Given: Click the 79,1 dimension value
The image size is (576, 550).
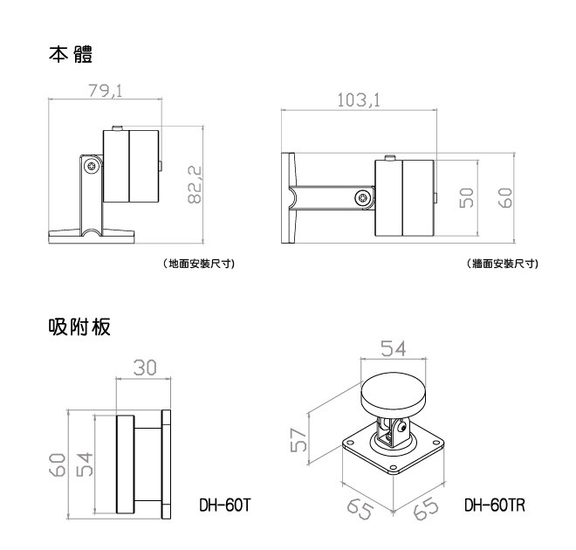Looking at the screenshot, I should [103, 90].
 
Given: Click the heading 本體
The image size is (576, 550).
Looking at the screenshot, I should [72, 54].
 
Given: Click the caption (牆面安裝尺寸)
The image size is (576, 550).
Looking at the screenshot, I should [503, 264].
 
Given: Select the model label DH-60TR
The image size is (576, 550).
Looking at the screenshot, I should [494, 505].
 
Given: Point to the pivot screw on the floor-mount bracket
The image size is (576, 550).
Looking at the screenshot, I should [90, 166].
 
